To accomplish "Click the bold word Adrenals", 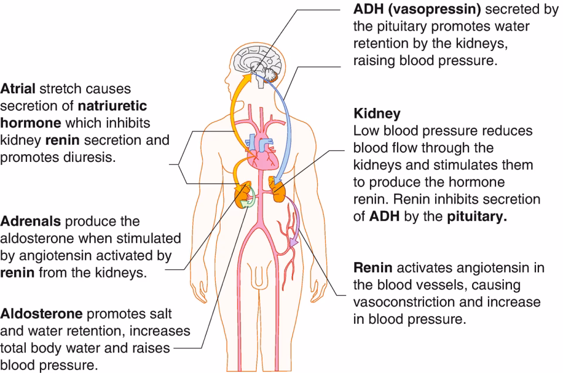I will point(30,222).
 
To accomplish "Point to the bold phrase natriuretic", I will point(111,106).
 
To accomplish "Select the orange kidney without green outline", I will point(276,189).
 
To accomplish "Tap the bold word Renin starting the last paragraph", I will point(372,268).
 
